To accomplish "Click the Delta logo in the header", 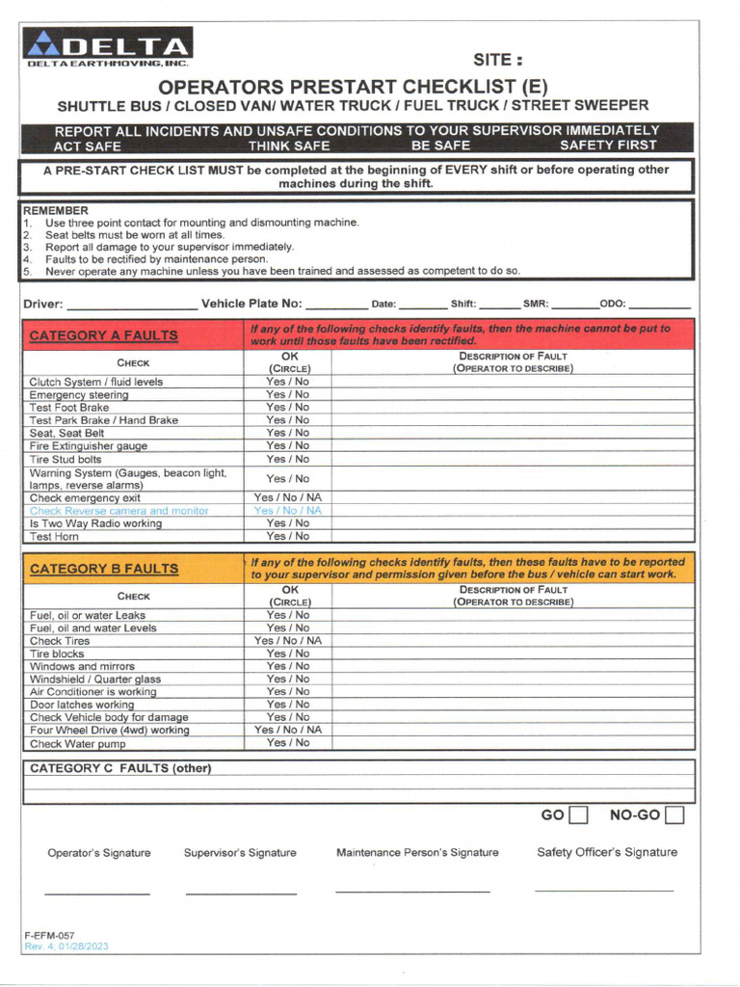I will (x=109, y=47).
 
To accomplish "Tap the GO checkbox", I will (x=578, y=816).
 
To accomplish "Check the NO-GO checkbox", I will (x=674, y=816).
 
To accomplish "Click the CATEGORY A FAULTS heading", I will (x=104, y=335).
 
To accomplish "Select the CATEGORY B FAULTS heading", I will (x=104, y=569).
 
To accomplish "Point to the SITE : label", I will (x=498, y=60).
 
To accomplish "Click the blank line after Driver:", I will (x=132, y=307).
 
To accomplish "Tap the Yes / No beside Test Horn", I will (x=288, y=536).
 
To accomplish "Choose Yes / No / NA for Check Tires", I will (x=288, y=641).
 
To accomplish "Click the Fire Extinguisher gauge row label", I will (x=88, y=446).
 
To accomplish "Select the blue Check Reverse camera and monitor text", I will (x=119, y=511).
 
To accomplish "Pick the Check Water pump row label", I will (x=77, y=744).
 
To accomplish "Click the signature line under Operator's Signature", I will (x=97, y=894).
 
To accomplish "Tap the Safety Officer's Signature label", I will (x=607, y=852).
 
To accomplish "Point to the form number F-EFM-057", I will (x=49, y=936).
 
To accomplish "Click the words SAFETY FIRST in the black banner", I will (x=608, y=146).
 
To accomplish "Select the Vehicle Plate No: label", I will (x=251, y=305).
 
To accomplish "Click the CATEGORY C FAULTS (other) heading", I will (x=120, y=768).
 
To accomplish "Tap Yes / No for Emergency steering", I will (x=288, y=395).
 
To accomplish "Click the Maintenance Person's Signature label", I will (x=417, y=853).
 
